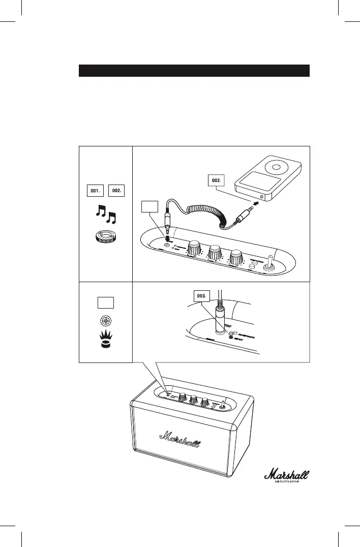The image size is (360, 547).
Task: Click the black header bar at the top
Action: coord(194,71)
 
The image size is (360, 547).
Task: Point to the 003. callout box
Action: coord(203,296)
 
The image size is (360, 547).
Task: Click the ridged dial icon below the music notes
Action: coord(106,238)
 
